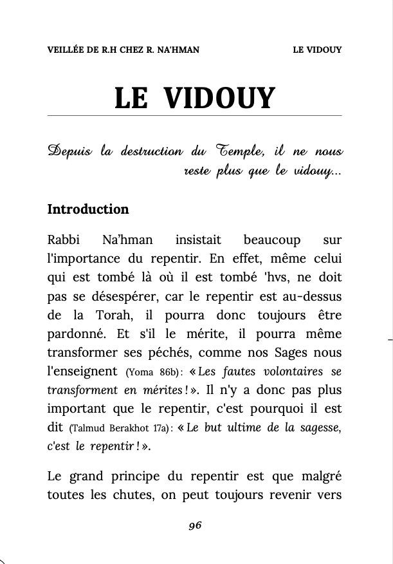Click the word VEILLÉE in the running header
pyautogui.click(x=66, y=50)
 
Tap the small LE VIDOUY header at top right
pyautogui.click(x=316, y=50)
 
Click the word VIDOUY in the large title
pyautogui.click(x=219, y=99)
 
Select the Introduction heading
pyautogui.click(x=88, y=209)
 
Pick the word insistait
pyautogui.click(x=198, y=240)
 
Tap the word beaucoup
pyautogui.click(x=271, y=240)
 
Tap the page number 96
pyautogui.click(x=195, y=526)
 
